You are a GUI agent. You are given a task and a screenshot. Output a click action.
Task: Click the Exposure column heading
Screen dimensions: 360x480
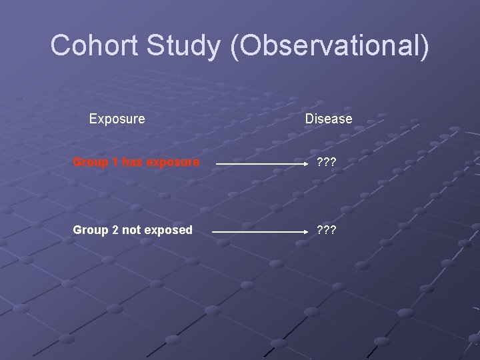coord(117,119)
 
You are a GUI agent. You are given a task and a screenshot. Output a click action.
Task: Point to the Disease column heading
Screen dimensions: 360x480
coord(329,119)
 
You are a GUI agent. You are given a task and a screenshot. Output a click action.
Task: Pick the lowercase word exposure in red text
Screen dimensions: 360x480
coord(168,162)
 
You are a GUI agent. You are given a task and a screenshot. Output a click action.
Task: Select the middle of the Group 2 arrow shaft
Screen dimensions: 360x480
coord(252,232)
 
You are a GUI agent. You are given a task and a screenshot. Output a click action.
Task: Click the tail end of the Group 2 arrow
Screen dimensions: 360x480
coord(213,232)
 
